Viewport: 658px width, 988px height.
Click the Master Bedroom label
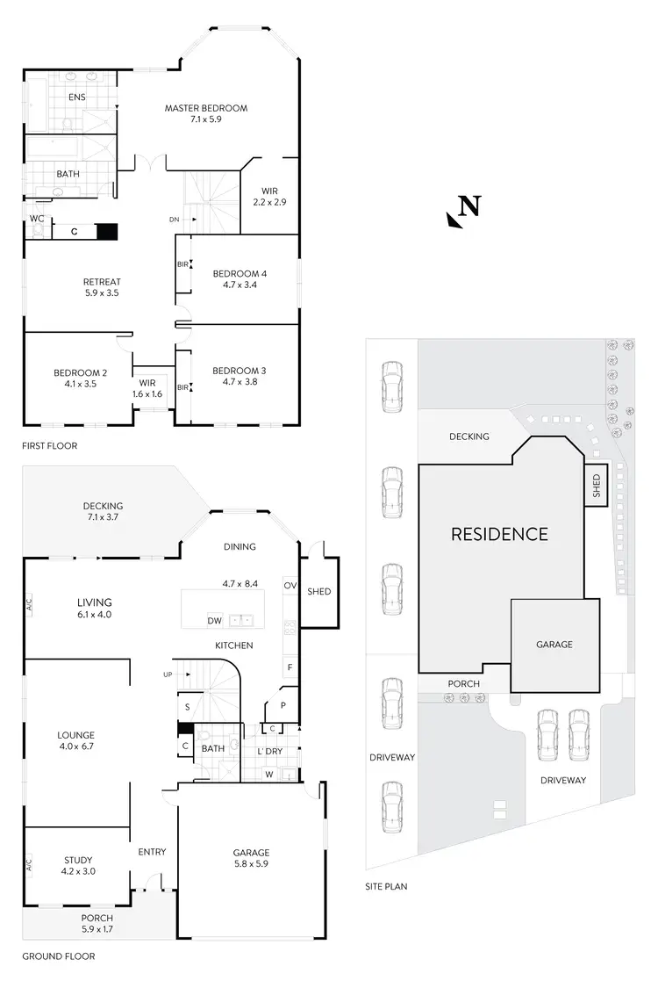click(206, 109)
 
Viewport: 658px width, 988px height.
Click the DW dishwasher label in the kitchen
click(214, 621)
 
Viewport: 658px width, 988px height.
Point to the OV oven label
click(290, 585)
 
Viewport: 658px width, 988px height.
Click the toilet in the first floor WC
click(38, 231)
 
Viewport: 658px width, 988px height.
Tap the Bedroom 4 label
click(240, 274)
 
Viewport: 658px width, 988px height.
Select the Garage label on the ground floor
click(251, 853)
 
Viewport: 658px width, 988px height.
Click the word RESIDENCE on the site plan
click(499, 534)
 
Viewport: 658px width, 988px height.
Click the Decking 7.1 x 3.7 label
click(103, 506)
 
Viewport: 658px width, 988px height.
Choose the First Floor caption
click(51, 446)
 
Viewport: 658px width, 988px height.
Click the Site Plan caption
click(386, 887)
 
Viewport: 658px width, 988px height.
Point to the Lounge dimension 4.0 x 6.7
click(77, 746)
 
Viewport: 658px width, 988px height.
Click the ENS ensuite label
click(77, 97)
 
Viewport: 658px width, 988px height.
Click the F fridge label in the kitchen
click(290, 667)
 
